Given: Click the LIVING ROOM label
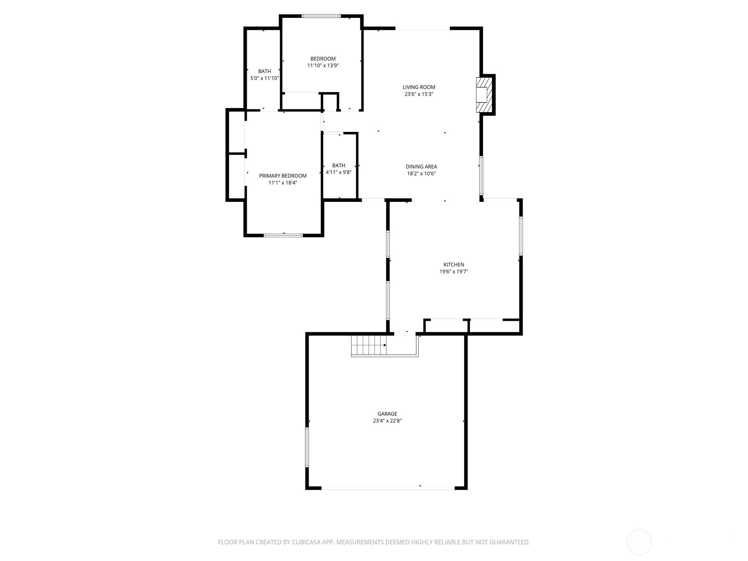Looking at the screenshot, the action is click(419, 87).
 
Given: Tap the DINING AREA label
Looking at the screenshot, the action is click(421, 166).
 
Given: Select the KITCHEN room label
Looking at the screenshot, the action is click(453, 265).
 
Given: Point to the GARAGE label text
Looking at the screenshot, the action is click(387, 414).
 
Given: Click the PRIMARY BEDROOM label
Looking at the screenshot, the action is click(283, 176).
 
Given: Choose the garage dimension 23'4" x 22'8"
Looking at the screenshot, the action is click(387, 421).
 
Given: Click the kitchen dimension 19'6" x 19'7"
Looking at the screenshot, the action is click(453, 272).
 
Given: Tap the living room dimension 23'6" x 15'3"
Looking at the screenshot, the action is click(419, 94).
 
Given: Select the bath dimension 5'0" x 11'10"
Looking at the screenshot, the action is click(265, 78).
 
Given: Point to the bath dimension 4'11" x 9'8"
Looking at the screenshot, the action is click(339, 173).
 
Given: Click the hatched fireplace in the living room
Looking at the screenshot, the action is click(484, 95).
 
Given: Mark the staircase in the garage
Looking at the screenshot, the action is click(369, 345).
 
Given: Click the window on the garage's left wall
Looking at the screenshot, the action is click(307, 447).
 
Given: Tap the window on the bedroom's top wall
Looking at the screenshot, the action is click(321, 16).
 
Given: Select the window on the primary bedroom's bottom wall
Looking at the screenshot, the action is click(283, 235).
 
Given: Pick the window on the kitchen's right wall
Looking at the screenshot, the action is click(521, 236).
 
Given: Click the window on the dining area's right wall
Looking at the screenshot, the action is click(481, 176).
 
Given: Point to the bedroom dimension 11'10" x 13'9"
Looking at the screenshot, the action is click(323, 65).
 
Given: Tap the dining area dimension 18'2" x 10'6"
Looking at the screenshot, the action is click(421, 173).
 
